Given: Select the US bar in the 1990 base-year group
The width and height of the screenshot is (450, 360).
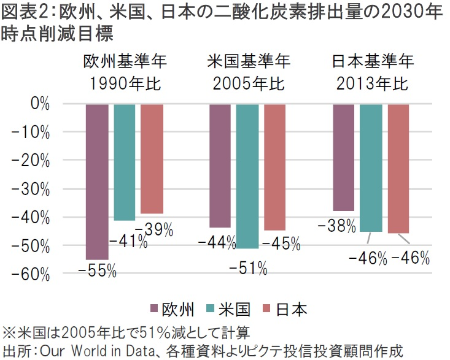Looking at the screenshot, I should point(125,162).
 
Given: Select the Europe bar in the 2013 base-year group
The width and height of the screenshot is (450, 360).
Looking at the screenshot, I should point(343,157).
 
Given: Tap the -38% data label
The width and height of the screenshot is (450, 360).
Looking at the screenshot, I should point(336,226).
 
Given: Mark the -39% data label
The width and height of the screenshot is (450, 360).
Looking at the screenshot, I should point(153,230).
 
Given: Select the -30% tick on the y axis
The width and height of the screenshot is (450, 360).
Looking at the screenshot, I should point(30,188).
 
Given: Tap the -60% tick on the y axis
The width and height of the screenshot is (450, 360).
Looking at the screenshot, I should point(30,274).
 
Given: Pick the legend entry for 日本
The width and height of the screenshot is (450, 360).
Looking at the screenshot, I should point(287,308).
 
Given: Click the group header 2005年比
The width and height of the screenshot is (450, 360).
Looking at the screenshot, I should point(248,83).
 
